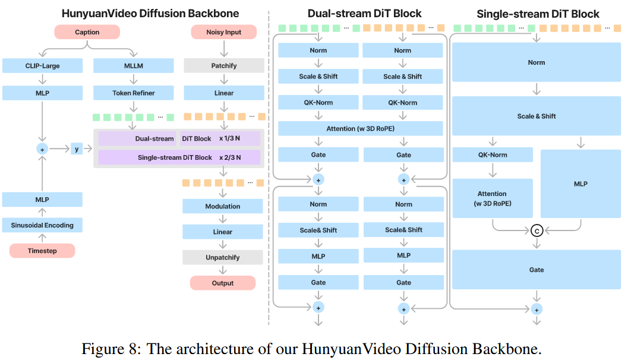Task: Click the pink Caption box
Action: [87, 32]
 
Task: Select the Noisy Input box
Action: [224, 32]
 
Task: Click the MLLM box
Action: [133, 65]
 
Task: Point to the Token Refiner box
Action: [133, 93]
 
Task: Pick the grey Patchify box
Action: [224, 65]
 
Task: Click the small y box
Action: [77, 149]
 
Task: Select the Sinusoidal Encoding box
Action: [42, 225]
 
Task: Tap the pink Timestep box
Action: [42, 251]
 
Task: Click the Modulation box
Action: [223, 206]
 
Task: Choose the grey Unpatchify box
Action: [223, 257]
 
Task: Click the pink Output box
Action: [223, 283]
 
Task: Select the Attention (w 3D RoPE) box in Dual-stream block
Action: [361, 128]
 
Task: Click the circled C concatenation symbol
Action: [537, 230]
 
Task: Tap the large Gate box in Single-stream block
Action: [537, 270]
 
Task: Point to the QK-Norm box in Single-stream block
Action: [492, 155]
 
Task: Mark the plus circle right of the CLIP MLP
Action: [42, 150]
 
